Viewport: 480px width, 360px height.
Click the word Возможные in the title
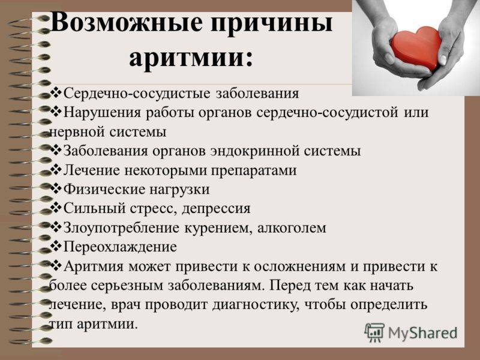(127, 23)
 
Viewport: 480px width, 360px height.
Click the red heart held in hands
(417, 49)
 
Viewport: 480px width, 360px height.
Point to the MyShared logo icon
(374, 332)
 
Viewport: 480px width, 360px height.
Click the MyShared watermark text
(422, 333)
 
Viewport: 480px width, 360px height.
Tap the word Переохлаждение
(120, 247)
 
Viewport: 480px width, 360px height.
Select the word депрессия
(216, 209)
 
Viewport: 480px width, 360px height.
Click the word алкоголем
(292, 228)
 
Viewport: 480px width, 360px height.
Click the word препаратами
(254, 171)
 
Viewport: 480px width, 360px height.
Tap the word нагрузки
(179, 190)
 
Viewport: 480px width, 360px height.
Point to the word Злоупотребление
(122, 228)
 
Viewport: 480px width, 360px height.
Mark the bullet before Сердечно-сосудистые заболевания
(56, 92)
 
